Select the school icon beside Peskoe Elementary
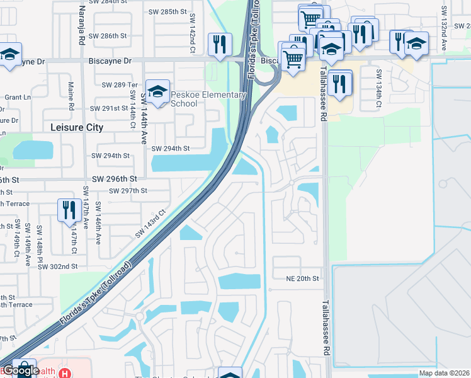pos(158,91)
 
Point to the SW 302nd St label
pos(57,266)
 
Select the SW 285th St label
pos(168,11)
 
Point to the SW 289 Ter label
pos(119,84)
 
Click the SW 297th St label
pos(128,191)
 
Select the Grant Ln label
pos(18,97)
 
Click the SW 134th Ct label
pos(379,86)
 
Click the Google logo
pos(21,370)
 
